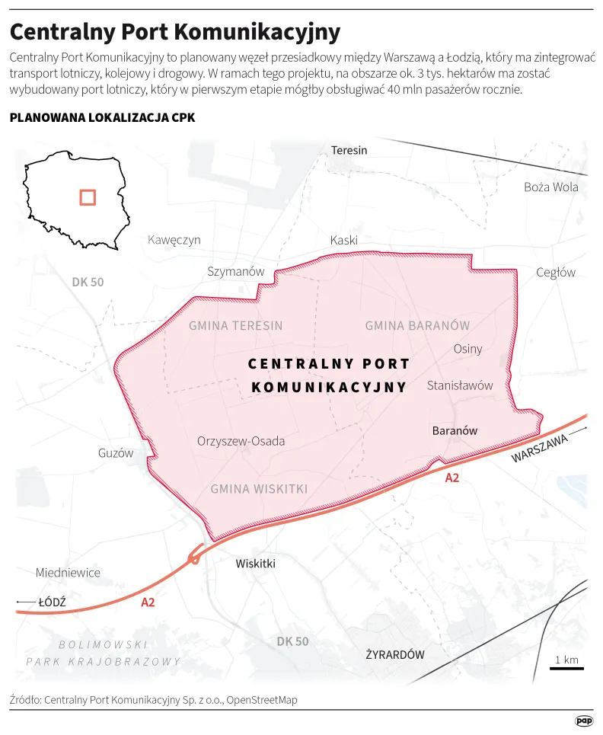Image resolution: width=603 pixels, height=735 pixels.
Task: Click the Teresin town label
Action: click(349, 150)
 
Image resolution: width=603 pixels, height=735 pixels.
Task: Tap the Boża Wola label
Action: click(550, 187)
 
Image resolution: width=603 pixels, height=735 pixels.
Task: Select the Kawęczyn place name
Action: click(174, 240)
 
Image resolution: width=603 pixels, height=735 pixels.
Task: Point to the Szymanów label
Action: click(236, 272)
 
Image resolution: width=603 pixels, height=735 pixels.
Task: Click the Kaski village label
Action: click(344, 241)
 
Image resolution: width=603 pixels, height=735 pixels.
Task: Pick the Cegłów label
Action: click(556, 273)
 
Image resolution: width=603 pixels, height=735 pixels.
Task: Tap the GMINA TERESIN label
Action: click(235, 325)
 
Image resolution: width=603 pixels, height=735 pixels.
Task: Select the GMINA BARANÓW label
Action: click(417, 325)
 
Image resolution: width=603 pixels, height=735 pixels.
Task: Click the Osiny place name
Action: click(467, 349)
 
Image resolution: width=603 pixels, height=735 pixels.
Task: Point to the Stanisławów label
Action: click(460, 385)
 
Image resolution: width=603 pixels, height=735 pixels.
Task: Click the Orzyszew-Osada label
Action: click(241, 441)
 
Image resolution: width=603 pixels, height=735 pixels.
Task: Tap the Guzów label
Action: click(116, 453)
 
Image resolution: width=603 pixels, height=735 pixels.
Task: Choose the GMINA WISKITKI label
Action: click(259, 489)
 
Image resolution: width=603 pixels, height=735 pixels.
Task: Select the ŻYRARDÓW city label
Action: click(394, 654)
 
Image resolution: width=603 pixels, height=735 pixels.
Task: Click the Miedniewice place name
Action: click(68, 572)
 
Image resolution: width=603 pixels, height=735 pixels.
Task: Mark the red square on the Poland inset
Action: click(88, 197)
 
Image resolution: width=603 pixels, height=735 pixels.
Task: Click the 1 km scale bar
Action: click(567, 668)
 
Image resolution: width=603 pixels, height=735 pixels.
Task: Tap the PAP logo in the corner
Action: click(583, 721)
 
